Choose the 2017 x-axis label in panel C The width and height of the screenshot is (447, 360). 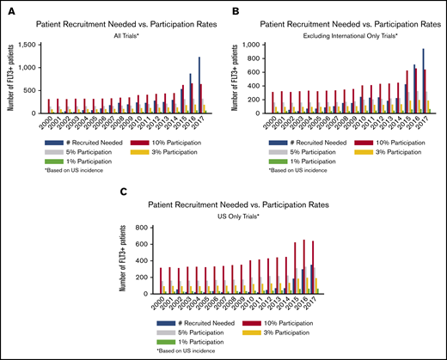(x=316, y=305)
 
